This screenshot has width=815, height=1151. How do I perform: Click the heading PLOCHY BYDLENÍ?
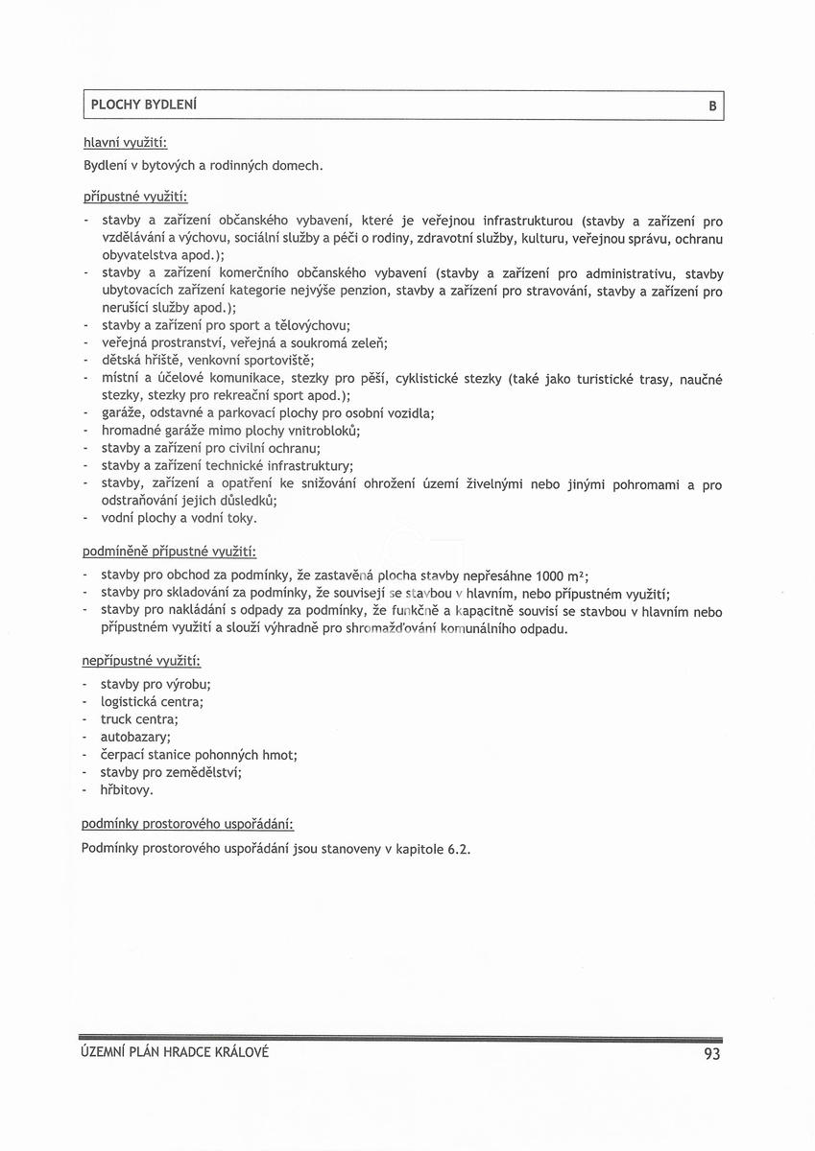coord(146,105)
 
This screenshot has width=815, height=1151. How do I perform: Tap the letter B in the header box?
coord(712,106)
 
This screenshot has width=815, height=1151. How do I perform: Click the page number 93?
coord(711,1055)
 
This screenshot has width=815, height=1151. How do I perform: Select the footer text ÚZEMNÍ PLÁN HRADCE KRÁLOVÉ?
coord(176,1052)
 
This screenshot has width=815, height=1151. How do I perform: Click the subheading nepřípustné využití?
coord(141,661)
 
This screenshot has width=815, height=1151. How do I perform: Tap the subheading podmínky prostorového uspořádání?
coord(187,824)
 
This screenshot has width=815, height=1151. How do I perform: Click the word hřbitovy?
coord(127,790)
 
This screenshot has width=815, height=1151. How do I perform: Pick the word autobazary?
coord(134,737)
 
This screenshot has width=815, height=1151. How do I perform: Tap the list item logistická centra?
coord(152,702)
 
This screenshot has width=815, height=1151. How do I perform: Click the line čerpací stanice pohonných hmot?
coord(198,755)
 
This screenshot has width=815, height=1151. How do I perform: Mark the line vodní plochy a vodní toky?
coord(179,518)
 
